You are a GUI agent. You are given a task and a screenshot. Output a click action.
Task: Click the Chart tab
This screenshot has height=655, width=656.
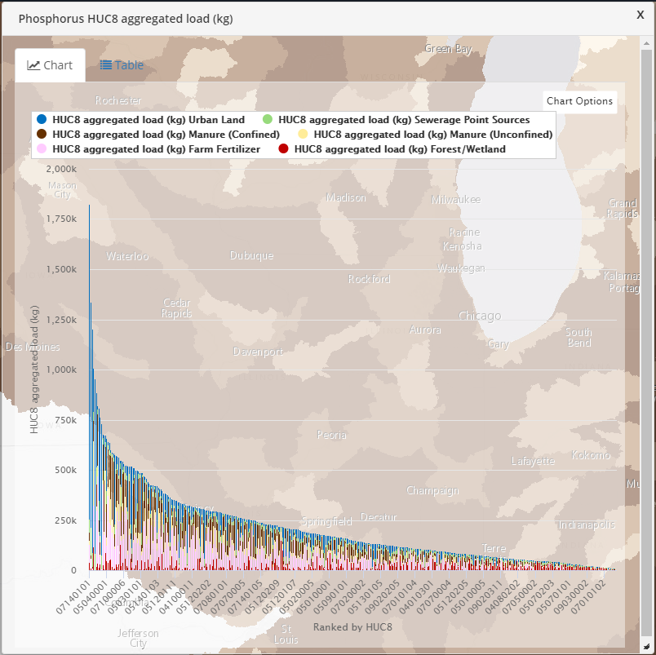coord(50,65)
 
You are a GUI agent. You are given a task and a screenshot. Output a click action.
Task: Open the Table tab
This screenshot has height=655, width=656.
coord(122,65)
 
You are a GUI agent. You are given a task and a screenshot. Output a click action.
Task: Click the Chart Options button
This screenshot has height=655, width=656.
coord(579,101)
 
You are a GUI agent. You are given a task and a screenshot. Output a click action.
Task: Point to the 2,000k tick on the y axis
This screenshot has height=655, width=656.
coord(61,169)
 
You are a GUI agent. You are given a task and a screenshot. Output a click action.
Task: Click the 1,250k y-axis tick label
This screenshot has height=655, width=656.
coord(61,320)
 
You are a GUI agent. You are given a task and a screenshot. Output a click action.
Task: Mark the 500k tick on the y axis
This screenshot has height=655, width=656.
coord(66,471)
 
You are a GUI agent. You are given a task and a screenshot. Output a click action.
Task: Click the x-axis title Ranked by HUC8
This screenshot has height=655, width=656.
coord(352,626)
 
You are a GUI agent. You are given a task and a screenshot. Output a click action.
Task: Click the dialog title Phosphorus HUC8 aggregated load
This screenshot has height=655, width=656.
coord(126,18)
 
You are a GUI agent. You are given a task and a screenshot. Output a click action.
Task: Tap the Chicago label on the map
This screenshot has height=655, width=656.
coord(480,316)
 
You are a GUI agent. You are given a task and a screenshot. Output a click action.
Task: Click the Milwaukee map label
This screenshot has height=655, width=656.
coord(456,200)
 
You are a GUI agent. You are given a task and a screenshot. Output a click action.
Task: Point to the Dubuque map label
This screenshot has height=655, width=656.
coord(251,255)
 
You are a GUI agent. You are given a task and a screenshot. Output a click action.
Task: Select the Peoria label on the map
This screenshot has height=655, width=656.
coord(331,435)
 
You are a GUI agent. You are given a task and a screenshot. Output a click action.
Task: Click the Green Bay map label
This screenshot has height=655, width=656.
coord(448,49)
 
